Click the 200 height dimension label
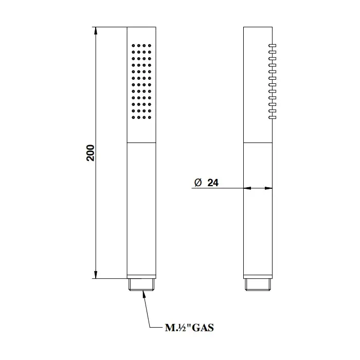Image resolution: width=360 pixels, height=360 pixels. (x=91, y=153)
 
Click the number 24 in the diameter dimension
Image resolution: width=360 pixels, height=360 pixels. (x=213, y=183)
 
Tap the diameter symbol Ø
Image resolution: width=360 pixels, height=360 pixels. (x=198, y=183)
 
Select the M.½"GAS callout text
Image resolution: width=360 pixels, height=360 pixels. (x=189, y=328)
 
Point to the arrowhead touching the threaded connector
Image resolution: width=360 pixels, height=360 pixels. (x=144, y=294)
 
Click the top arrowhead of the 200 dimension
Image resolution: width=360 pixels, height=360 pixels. (x=96, y=31)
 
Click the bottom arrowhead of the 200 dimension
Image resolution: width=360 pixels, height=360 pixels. (x=96, y=275)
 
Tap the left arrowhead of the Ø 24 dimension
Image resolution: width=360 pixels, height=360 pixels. (x=247, y=188)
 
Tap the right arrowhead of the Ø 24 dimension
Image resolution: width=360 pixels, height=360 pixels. (x=268, y=188)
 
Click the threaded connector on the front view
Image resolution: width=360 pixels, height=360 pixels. (x=141, y=285)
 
